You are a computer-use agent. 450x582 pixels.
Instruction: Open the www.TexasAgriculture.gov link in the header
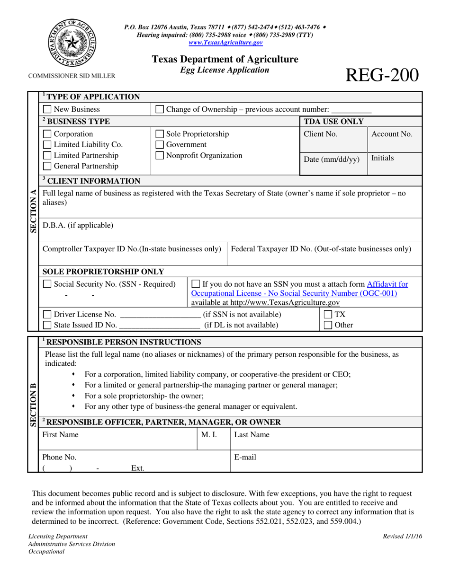pyautogui.click(x=225, y=42)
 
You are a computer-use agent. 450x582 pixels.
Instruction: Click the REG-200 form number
pyautogui.click(x=383, y=75)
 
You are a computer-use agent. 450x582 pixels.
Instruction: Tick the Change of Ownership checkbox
pyautogui.click(x=160, y=110)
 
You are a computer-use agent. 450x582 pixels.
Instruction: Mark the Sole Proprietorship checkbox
pyautogui.click(x=160, y=134)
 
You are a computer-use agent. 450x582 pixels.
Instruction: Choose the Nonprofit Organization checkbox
pyautogui.click(x=160, y=155)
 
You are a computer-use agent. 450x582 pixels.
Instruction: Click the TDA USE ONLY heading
pyautogui.click(x=333, y=122)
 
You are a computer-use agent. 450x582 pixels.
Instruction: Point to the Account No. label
pyautogui.click(x=392, y=134)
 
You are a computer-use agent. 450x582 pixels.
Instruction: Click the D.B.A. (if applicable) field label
pyautogui.click(x=78, y=225)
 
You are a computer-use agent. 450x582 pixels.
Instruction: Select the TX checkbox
pyautogui.click(x=328, y=315)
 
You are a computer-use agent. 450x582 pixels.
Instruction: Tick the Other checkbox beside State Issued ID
pyautogui.click(x=328, y=325)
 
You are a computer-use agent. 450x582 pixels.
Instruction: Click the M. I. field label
pyautogui.click(x=209, y=434)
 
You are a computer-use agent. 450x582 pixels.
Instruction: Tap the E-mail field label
pyautogui.click(x=245, y=458)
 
